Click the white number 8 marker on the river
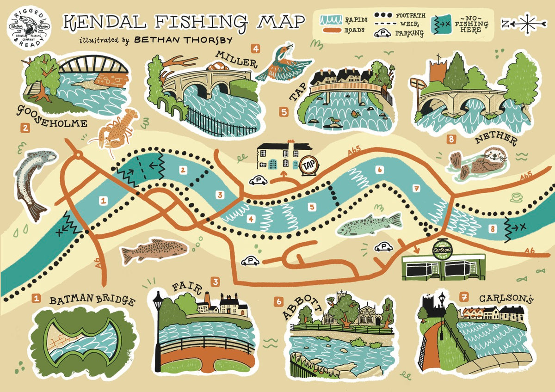click(x=493, y=228)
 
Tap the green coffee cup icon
click(x=516, y=197)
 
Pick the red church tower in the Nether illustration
click(x=437, y=73)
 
